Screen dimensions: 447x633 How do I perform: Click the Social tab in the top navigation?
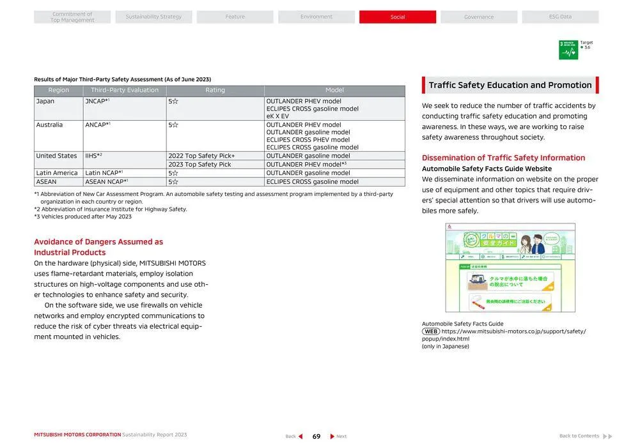click(x=397, y=17)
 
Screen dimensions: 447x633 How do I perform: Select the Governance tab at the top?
click(x=478, y=17)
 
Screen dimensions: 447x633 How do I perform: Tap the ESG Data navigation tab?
click(x=560, y=17)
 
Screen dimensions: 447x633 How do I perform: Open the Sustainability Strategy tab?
click(x=153, y=17)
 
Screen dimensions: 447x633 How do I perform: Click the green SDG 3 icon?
click(x=568, y=50)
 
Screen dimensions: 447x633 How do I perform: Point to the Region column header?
click(x=58, y=91)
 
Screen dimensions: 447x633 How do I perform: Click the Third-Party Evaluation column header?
click(x=124, y=91)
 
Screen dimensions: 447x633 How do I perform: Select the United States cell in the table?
click(x=56, y=156)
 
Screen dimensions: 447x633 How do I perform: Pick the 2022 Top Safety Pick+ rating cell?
click(x=201, y=156)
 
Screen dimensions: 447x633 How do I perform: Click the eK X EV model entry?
click(x=277, y=116)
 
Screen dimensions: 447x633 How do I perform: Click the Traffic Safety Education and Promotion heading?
click(x=510, y=86)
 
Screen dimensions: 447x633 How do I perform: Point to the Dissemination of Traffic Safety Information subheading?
click(x=503, y=158)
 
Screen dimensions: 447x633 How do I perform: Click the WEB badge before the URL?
click(x=430, y=331)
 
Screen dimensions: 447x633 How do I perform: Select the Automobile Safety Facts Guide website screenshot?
click(x=510, y=268)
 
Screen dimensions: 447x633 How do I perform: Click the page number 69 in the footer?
click(x=316, y=437)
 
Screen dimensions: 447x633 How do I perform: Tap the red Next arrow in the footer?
click(x=332, y=437)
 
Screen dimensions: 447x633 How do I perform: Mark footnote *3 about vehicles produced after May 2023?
click(x=82, y=216)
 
